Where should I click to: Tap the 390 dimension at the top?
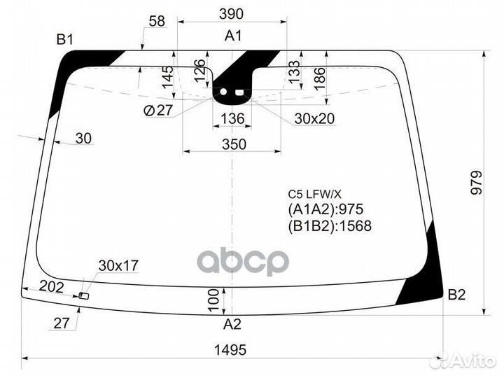tap(231, 14)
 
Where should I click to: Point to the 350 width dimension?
tap(234, 144)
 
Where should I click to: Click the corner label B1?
tap(65, 40)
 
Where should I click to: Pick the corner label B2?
tap(456, 295)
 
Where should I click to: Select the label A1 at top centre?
tap(233, 36)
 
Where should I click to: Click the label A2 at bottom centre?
tap(233, 323)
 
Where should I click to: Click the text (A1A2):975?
tap(325, 209)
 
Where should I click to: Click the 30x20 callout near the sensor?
tap(314, 120)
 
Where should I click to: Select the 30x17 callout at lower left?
tap(118, 265)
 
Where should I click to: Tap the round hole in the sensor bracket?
tap(225, 92)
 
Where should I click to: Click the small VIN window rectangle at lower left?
tap(84, 296)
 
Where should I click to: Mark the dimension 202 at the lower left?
tap(51, 286)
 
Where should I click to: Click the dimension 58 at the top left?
tap(157, 22)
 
